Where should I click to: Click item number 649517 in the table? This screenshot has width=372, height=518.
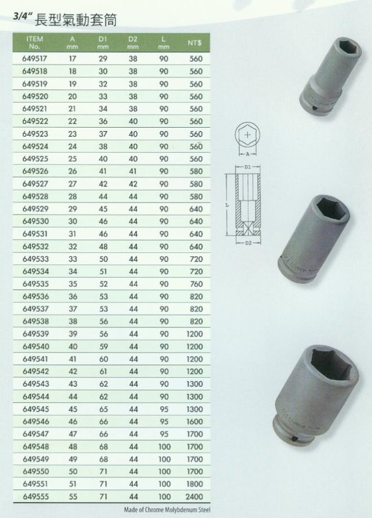pyautogui.click(x=35, y=59)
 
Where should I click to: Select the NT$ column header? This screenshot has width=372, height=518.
pyautogui.click(x=194, y=42)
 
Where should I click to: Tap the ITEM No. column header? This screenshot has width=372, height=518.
pyautogui.click(x=35, y=42)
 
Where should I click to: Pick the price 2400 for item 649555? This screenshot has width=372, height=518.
pyautogui.click(x=194, y=496)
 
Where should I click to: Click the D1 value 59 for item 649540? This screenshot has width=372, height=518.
pyautogui.click(x=104, y=346)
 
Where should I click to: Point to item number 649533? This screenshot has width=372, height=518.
pyautogui.click(x=35, y=259)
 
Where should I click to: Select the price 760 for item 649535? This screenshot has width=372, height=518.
pyautogui.click(x=196, y=284)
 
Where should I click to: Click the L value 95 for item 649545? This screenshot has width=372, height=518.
pyautogui.click(x=164, y=409)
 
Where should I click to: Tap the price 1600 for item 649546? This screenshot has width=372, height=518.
pyautogui.click(x=194, y=421)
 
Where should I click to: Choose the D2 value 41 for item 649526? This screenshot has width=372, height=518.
pyautogui.click(x=133, y=172)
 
